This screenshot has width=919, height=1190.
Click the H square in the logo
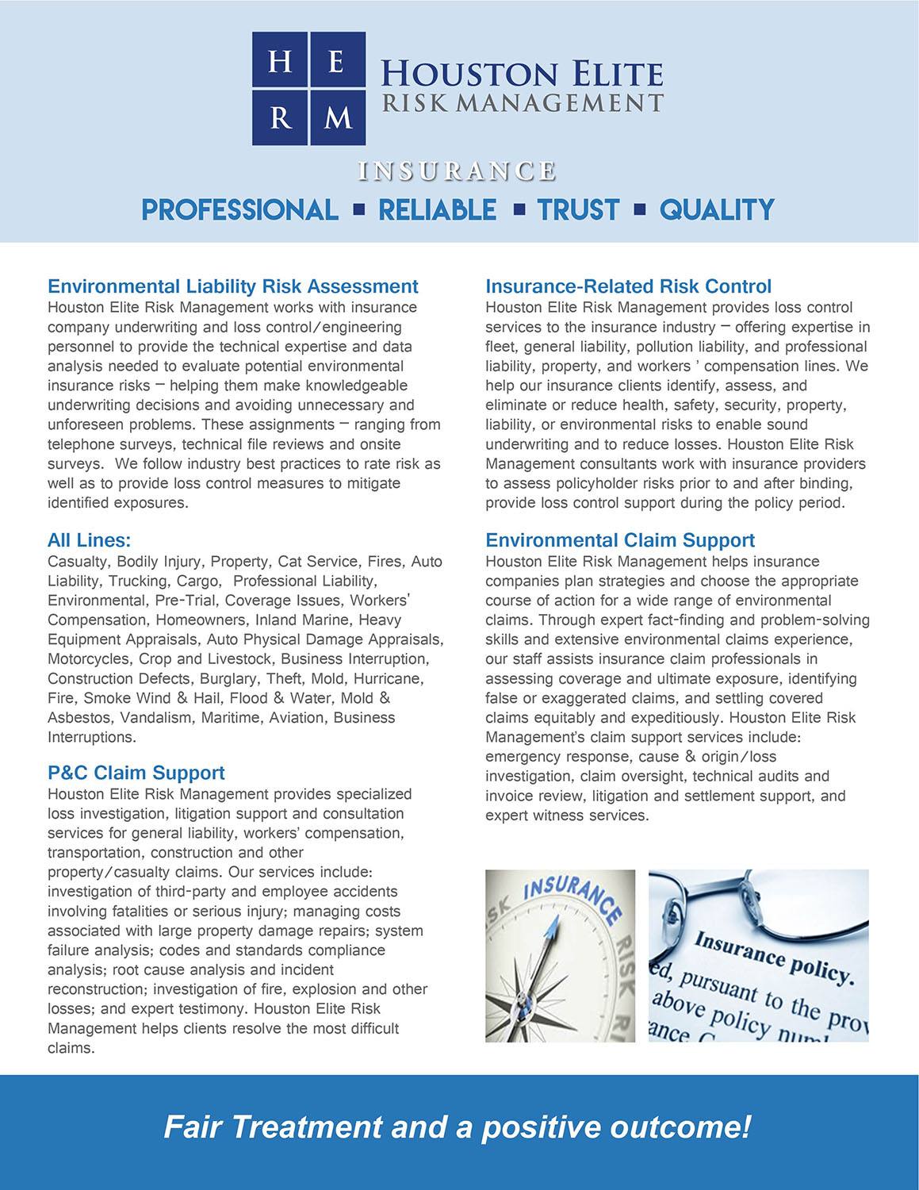280,60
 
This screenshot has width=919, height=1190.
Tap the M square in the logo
338,117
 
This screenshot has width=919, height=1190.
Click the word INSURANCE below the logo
457,171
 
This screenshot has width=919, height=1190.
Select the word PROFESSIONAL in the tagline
239,210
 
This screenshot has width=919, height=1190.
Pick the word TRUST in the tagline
578,210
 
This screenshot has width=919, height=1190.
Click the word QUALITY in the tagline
717,210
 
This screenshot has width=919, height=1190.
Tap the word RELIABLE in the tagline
437,210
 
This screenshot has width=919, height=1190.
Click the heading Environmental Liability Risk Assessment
232,286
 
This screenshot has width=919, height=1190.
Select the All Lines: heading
89,540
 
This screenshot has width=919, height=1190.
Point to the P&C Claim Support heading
136,773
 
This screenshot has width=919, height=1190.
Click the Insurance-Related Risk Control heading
628,286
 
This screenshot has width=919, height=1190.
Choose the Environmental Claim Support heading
619,540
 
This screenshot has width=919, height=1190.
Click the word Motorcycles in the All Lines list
89,659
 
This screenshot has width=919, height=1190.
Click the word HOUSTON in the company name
469,75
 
